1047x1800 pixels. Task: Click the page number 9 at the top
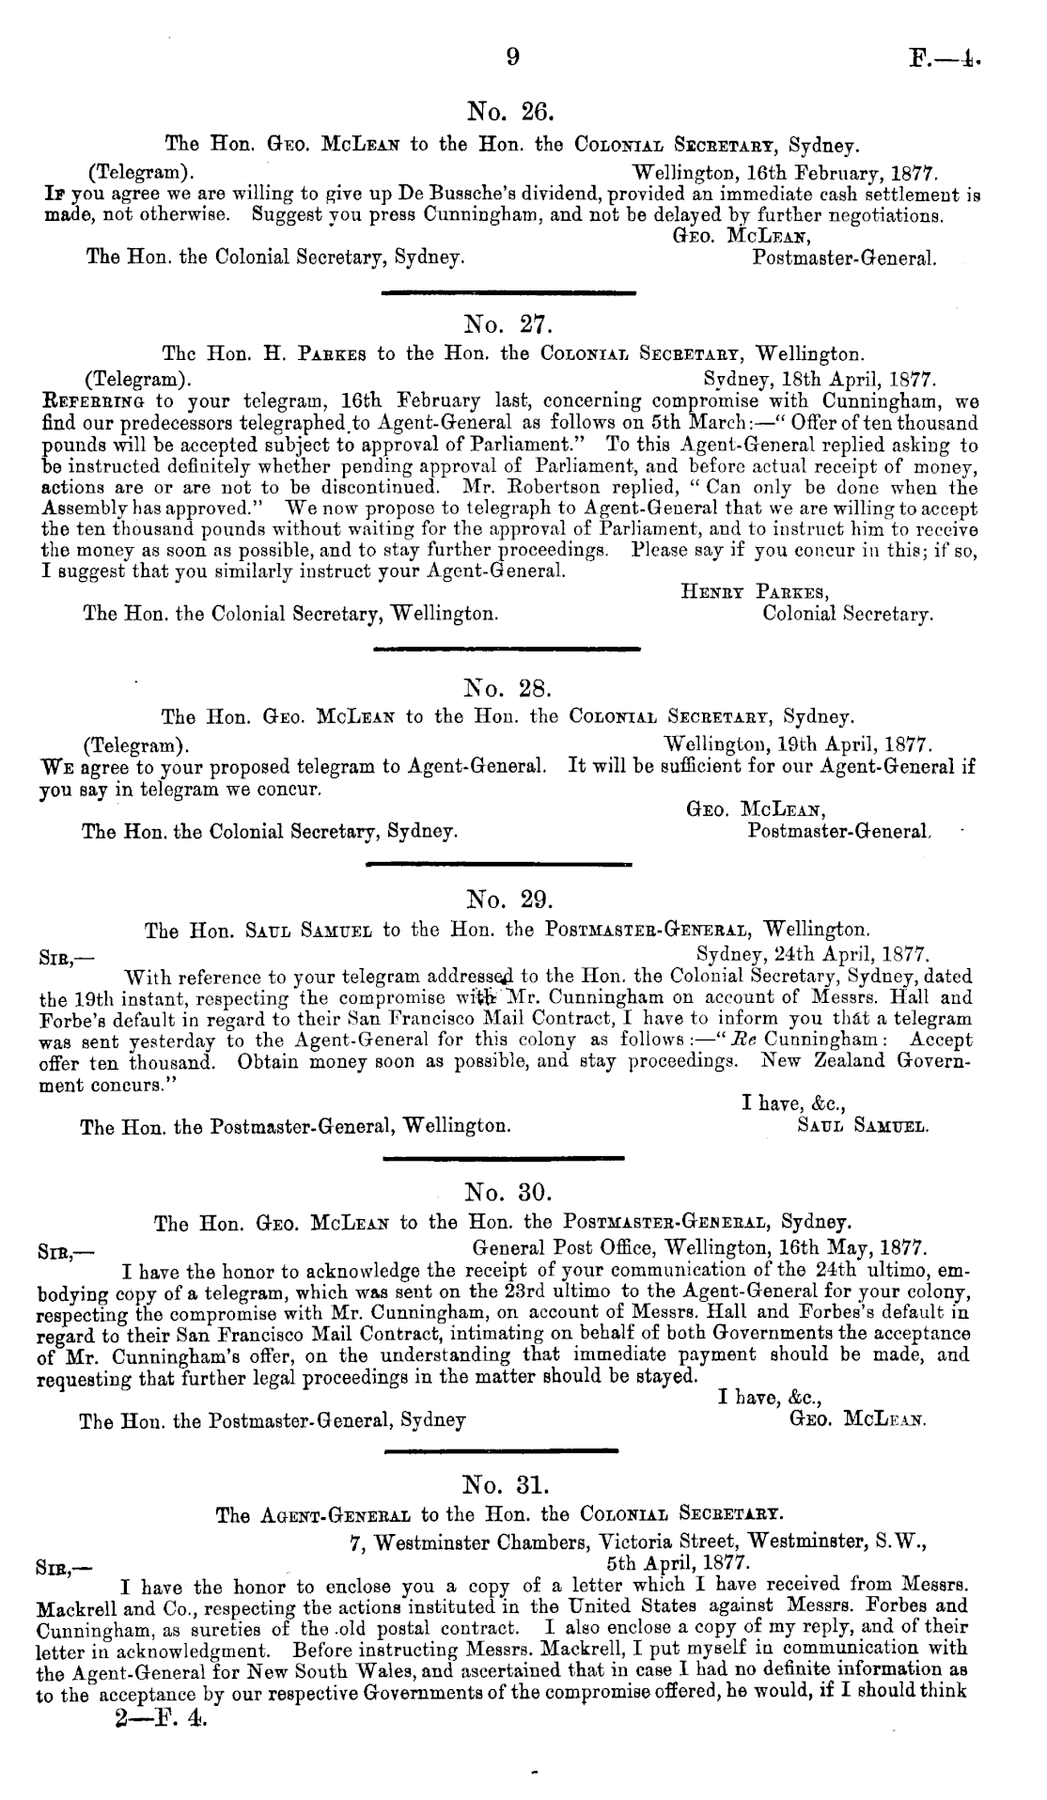pos(512,57)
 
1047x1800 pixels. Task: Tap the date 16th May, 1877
pos(854,1249)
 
